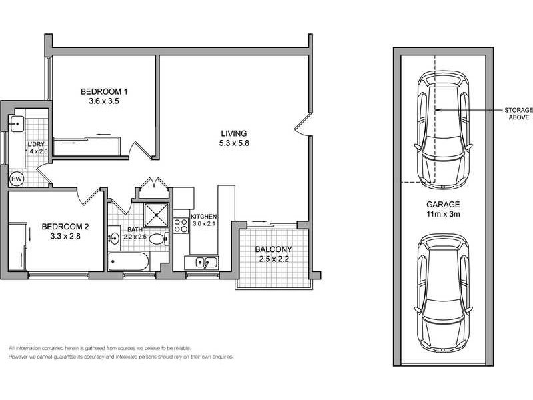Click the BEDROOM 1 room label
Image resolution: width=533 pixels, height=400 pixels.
104,91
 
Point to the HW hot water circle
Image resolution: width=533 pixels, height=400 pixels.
16,179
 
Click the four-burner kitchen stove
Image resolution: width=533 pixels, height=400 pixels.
181,225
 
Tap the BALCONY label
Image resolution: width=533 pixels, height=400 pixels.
273,250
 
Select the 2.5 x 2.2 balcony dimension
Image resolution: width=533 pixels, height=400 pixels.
273,261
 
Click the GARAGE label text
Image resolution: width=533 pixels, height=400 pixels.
441,205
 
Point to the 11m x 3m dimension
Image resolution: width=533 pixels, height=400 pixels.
441,215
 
